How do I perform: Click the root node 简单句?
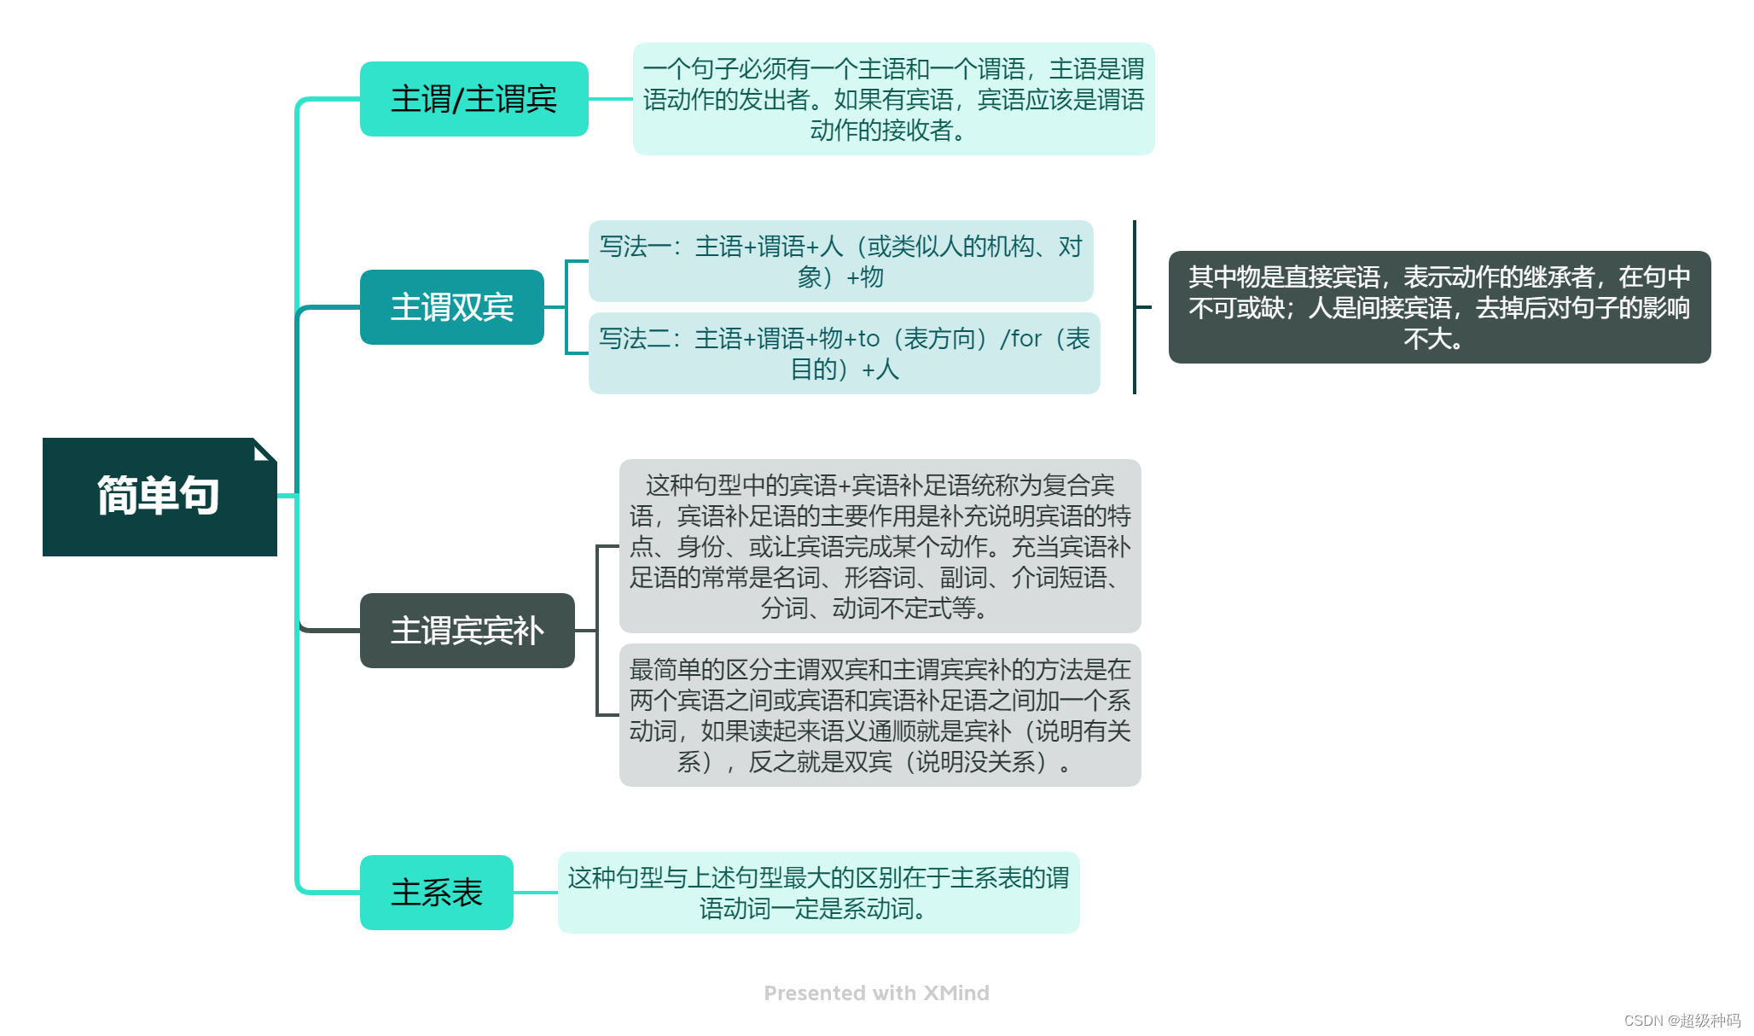[159, 497]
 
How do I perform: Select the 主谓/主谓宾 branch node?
[473, 99]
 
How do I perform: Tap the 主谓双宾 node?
[451, 307]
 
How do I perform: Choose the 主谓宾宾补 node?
[467, 631]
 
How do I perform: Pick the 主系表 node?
[436, 893]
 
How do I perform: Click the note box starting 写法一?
[840, 261]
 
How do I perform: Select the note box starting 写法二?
[844, 353]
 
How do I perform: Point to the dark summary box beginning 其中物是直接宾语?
[1439, 307]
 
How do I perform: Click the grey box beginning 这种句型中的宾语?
[880, 546]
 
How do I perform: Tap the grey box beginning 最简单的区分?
[880, 715]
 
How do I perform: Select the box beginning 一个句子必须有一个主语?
[893, 99]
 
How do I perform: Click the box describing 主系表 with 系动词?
[818, 893]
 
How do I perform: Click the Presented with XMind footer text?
[876, 993]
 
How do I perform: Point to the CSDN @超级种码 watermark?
[1681, 1021]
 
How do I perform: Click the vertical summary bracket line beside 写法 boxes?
[1135, 307]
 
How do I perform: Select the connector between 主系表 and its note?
[536, 893]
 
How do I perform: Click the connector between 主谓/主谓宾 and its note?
[611, 99]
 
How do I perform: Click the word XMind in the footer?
[956, 993]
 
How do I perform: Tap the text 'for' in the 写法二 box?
[1025, 339]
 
